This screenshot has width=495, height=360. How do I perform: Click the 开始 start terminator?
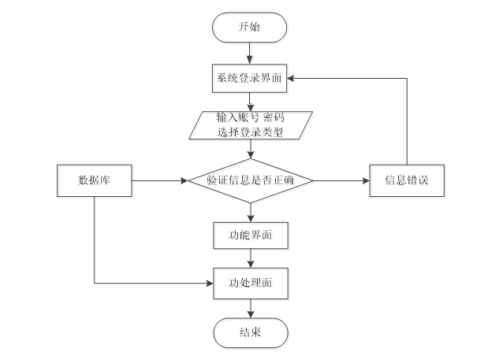pos(249,28)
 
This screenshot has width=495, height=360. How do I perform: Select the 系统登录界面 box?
pos(249,78)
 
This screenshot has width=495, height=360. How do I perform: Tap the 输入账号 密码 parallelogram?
pos(251,125)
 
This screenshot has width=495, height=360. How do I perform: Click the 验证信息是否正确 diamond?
pos(251,181)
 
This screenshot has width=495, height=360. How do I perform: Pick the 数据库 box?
pos(95,181)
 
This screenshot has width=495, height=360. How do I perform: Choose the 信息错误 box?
pos(407,181)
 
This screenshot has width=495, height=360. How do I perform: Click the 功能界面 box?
pos(251,236)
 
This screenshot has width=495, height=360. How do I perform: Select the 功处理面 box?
pos(251,284)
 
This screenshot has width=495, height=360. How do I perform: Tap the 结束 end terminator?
pos(251,333)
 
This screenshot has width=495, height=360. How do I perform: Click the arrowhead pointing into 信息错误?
pos(367,181)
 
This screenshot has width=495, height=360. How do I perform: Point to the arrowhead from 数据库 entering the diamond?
pos(184,181)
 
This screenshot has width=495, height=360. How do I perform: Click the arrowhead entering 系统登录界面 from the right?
pos(290,78)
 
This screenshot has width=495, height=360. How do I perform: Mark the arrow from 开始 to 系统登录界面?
pos(249,54)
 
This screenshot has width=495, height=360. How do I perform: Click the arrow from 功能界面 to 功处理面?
pos(251,258)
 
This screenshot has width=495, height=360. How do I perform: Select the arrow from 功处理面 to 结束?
pos(251,308)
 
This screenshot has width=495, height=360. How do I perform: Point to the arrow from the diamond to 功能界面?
pos(251,213)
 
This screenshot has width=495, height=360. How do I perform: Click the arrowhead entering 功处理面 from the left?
pos(210,284)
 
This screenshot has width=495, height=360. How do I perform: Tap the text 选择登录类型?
pos(250,132)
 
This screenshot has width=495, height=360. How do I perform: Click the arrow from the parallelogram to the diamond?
pos(251,149)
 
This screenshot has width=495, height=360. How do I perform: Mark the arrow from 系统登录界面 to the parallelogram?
pos(250,102)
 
